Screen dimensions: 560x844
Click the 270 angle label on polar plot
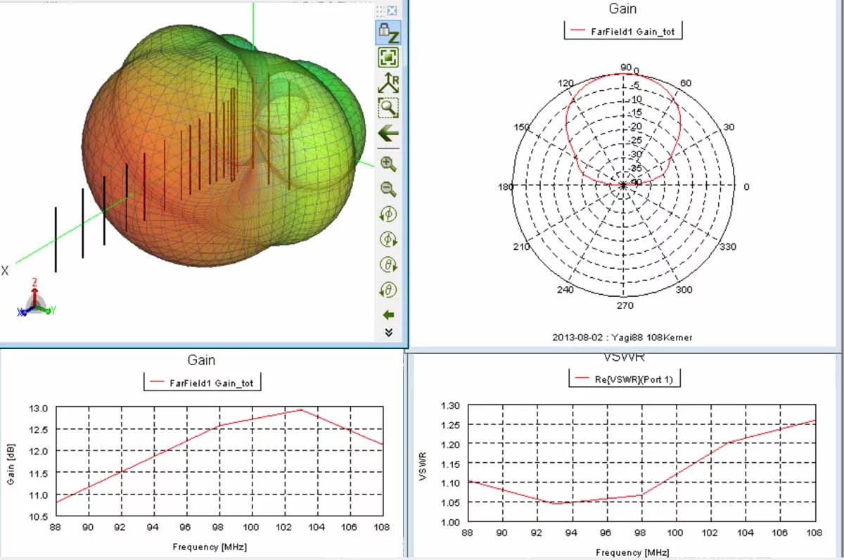tap(625, 305)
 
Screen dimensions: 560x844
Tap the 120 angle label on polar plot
tap(565, 84)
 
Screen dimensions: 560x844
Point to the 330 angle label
tap(727, 247)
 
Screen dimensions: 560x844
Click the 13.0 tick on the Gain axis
tap(39, 408)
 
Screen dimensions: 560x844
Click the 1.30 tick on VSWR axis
tap(449, 405)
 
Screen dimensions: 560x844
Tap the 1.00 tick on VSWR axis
tap(449, 522)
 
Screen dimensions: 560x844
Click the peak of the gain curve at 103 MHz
tap(301, 409)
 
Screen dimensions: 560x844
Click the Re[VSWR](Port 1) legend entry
tap(625, 378)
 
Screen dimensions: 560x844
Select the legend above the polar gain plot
tap(622, 31)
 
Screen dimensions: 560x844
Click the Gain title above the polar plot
tap(622, 8)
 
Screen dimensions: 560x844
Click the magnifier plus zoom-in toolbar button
tap(388, 164)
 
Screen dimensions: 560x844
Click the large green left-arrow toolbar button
tap(388, 133)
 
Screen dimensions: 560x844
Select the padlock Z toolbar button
tap(388, 32)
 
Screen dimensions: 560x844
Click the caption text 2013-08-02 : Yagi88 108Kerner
tap(622, 338)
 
